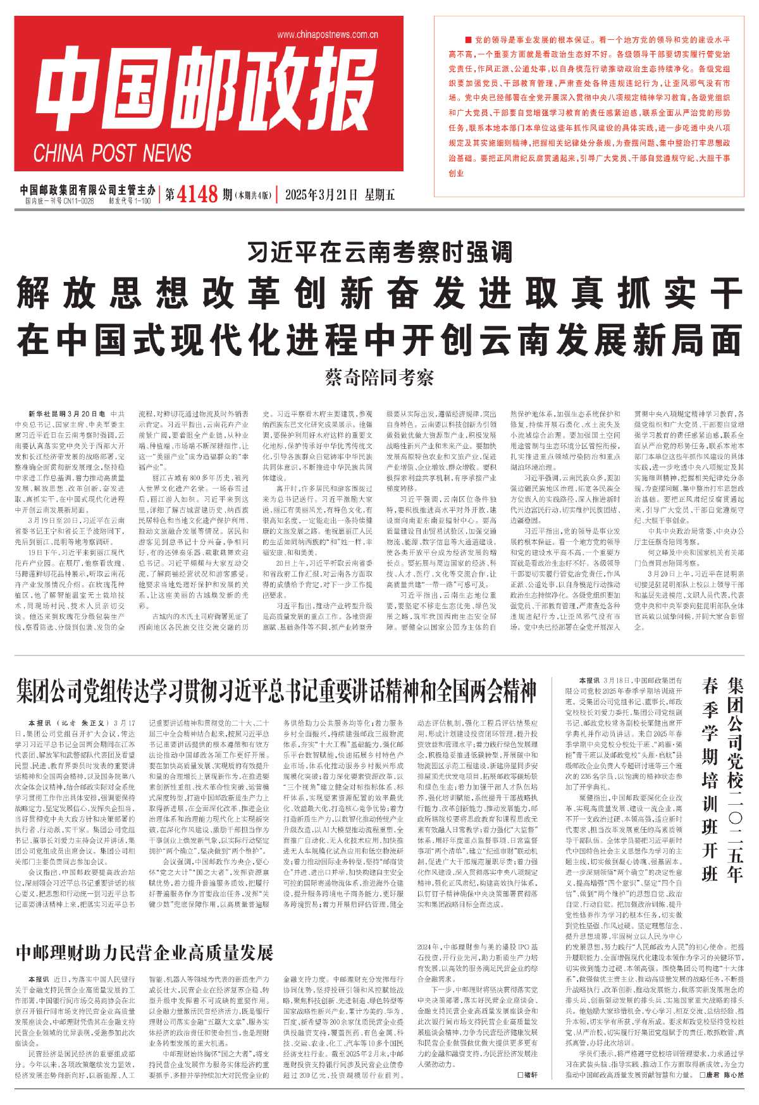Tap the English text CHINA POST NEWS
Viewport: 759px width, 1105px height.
(x=113, y=154)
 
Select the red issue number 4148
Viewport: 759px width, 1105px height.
(x=198, y=194)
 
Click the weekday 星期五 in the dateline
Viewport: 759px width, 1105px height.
(x=379, y=195)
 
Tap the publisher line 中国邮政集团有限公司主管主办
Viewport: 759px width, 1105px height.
(x=87, y=190)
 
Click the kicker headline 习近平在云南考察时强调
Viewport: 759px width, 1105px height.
(x=379, y=253)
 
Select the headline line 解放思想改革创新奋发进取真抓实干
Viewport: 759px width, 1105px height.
(x=379, y=293)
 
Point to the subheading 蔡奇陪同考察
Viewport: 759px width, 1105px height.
(x=379, y=378)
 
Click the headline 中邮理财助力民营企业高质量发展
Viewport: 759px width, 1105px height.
(x=144, y=952)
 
